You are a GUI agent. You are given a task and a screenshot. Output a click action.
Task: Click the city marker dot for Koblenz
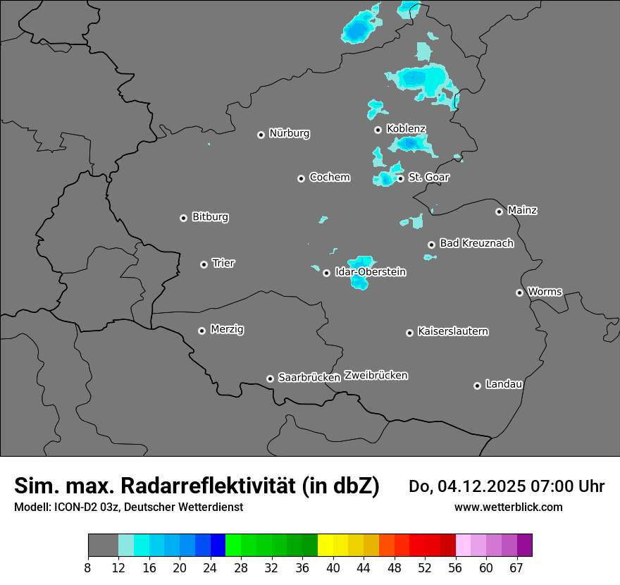pyautogui.click(x=378, y=130)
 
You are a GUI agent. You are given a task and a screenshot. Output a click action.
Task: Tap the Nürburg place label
pyautogui.click(x=289, y=133)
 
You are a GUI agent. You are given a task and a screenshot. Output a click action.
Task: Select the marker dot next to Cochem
pyautogui.click(x=301, y=178)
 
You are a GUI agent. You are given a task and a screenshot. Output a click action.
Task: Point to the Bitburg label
pyautogui.click(x=210, y=217)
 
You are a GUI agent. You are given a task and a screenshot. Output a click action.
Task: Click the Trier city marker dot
pyautogui.click(x=204, y=264)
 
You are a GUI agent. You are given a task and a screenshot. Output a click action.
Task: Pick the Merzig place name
pyautogui.click(x=227, y=329)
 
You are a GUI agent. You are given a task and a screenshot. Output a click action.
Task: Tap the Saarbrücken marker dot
pyautogui.click(x=270, y=378)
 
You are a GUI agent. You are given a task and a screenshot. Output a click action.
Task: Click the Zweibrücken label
pyautogui.click(x=376, y=376)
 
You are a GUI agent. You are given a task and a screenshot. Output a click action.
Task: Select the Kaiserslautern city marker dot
pyautogui.click(x=409, y=333)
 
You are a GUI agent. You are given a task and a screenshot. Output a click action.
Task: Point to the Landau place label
pyautogui.click(x=504, y=384)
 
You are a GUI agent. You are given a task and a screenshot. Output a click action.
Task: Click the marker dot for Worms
pyautogui.click(x=519, y=292)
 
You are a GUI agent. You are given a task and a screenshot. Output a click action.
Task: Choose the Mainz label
pyautogui.click(x=522, y=210)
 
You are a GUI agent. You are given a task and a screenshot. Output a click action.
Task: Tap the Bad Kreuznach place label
pyautogui.click(x=476, y=243)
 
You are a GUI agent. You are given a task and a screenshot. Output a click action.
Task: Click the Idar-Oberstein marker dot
pyautogui.click(x=326, y=273)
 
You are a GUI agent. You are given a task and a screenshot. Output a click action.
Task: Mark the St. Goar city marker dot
pyautogui.click(x=400, y=178)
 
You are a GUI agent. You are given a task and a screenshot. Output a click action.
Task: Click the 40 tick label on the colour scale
pyautogui.click(x=333, y=567)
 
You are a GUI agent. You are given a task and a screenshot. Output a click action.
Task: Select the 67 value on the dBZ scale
pyautogui.click(x=516, y=567)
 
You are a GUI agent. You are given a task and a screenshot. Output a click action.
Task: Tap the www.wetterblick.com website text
pyautogui.click(x=508, y=507)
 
